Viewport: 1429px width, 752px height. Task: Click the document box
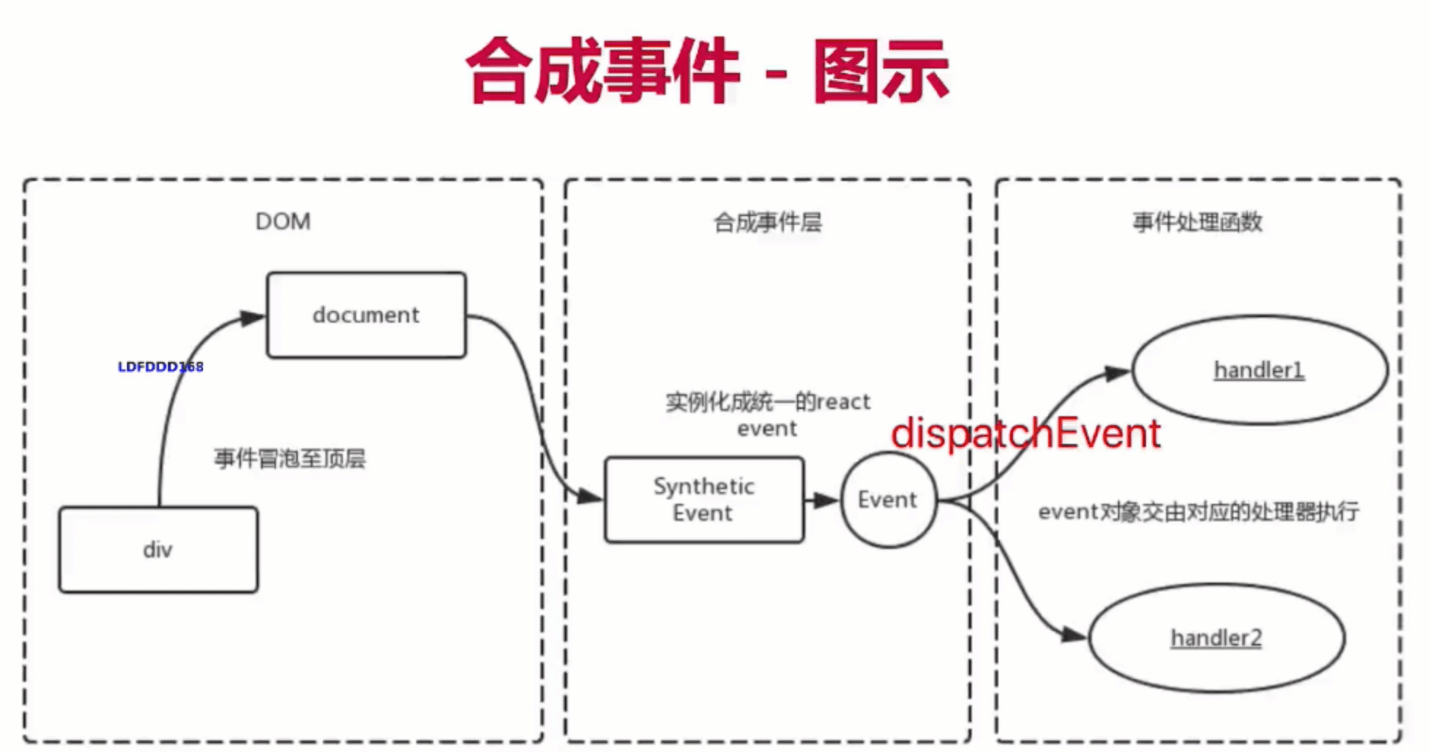click(x=366, y=315)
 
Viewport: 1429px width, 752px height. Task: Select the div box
click(x=158, y=549)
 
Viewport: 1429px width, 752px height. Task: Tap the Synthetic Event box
click(x=704, y=499)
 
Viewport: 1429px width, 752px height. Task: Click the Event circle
click(x=887, y=499)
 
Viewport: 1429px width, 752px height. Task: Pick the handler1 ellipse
click(x=1259, y=370)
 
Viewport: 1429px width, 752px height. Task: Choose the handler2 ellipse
click(x=1216, y=638)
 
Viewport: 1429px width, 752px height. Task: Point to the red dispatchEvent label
click(x=1025, y=434)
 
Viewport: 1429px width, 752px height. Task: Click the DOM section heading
click(x=283, y=221)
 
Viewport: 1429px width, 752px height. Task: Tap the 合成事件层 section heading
click(x=768, y=222)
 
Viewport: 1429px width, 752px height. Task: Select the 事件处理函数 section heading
click(x=1197, y=222)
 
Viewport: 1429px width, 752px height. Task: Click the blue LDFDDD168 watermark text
click(x=161, y=367)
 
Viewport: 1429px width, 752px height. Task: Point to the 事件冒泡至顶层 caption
click(x=290, y=459)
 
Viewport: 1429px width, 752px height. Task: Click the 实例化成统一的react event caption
click(x=768, y=415)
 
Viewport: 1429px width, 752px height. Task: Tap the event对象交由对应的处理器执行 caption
click(x=1198, y=512)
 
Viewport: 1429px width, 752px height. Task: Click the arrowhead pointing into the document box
click(x=253, y=318)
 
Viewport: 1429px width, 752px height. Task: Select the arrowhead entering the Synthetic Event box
click(x=590, y=497)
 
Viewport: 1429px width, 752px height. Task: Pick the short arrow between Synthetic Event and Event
click(x=823, y=500)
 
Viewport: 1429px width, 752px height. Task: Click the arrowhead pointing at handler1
click(x=1117, y=373)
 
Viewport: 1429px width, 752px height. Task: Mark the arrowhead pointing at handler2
click(x=1074, y=634)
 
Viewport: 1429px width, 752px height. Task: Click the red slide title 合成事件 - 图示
click(x=706, y=71)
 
